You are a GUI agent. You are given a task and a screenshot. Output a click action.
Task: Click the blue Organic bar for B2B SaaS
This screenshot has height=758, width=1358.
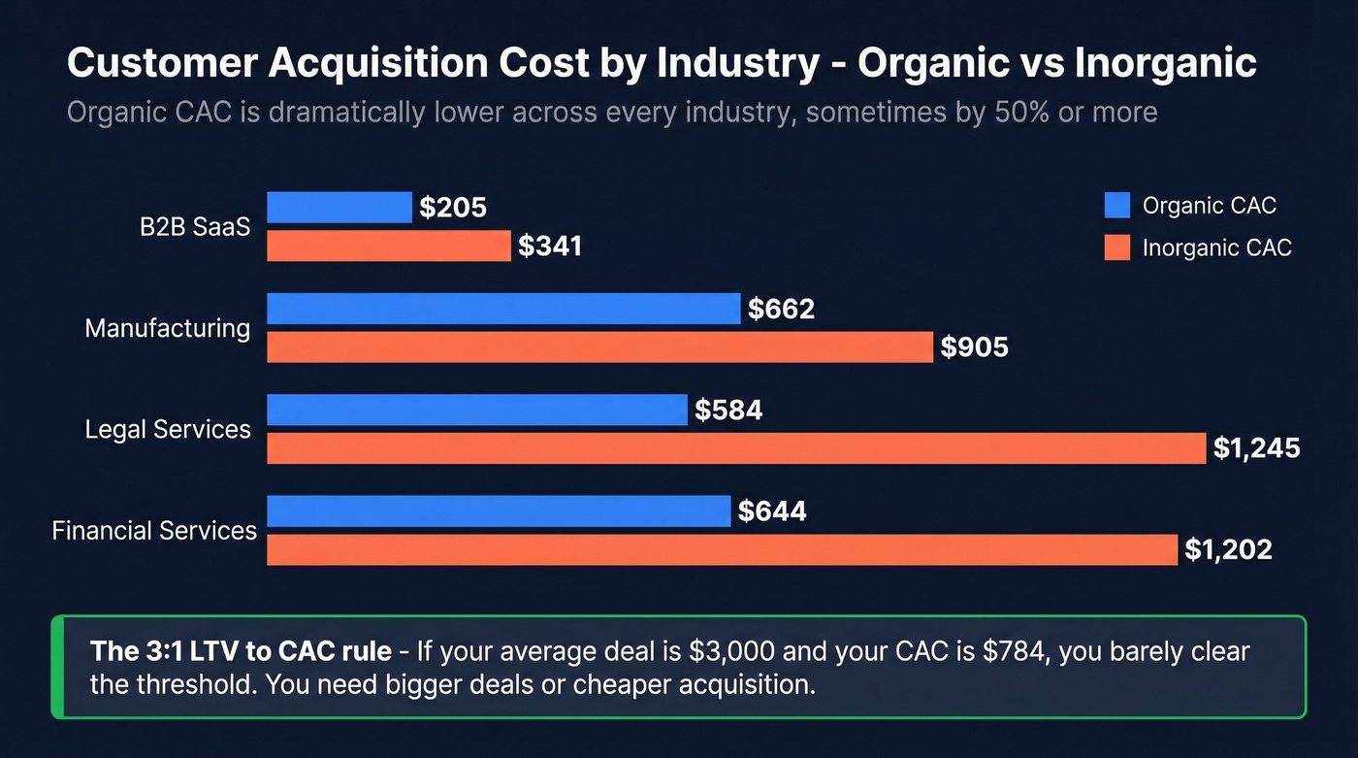pyautogui.click(x=339, y=207)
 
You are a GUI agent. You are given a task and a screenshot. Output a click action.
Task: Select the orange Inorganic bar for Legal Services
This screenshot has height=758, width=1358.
pyautogui.click(x=736, y=448)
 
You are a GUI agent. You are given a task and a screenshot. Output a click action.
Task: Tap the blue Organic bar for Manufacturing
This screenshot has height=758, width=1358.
pyautogui.click(x=503, y=309)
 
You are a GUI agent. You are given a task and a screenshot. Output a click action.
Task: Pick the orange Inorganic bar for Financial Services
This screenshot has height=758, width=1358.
pyautogui.click(x=722, y=549)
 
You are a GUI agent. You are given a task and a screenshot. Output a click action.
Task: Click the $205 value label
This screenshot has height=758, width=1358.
pyautogui.click(x=453, y=207)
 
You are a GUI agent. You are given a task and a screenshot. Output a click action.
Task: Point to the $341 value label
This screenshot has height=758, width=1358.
pyautogui.click(x=550, y=246)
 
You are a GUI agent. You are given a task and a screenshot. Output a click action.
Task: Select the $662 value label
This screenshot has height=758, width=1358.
pyautogui.click(x=781, y=309)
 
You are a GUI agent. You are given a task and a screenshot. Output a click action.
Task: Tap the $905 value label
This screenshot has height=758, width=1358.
pyautogui.click(x=975, y=347)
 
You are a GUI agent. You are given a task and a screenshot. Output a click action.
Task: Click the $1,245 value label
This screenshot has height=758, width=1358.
pyautogui.click(x=1256, y=448)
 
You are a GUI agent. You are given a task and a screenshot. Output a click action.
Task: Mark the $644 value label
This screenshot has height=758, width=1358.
pyautogui.click(x=772, y=511)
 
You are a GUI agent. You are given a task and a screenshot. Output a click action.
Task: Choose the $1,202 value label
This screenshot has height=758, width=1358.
pyautogui.click(x=1228, y=549)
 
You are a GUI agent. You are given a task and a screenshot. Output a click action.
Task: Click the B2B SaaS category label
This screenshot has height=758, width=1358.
pyautogui.click(x=195, y=227)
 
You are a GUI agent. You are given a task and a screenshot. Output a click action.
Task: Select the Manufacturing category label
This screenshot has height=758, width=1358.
pyautogui.click(x=167, y=328)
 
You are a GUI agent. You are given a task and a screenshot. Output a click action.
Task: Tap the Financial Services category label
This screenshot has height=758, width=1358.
pyautogui.click(x=154, y=531)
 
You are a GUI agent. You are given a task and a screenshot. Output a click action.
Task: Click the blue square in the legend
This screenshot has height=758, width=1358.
pyautogui.click(x=1117, y=206)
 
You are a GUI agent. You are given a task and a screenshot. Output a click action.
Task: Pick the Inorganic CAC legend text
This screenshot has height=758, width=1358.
pyautogui.click(x=1216, y=247)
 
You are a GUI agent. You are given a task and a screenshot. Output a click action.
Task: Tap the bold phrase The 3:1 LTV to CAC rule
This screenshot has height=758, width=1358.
pyautogui.click(x=241, y=650)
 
